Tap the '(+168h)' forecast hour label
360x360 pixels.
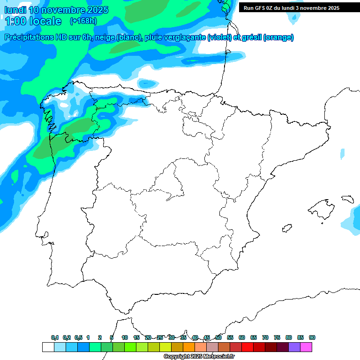tap(83, 21)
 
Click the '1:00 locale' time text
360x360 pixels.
tap(33, 21)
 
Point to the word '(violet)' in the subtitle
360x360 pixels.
tap(219, 37)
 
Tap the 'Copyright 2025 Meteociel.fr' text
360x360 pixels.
tap(199, 357)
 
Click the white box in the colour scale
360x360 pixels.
tap(48, 347)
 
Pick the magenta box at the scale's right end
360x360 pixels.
tap(306, 347)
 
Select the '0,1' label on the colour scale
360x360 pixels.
tap(55, 338)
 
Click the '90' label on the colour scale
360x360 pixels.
tap(312, 338)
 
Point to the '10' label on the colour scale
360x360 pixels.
tap(125, 338)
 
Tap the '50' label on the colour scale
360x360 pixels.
tap(218, 338)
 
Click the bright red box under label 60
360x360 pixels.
tap(247, 347)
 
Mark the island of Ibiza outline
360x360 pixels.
tap(286, 228)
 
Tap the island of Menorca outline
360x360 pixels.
tap(347, 199)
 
